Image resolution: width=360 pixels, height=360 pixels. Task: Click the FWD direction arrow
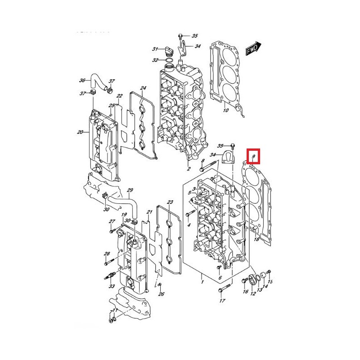(253, 48)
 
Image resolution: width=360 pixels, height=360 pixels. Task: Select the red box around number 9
(254, 156)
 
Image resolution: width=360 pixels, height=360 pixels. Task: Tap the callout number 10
(225, 110)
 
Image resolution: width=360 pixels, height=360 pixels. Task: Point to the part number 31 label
(154, 49)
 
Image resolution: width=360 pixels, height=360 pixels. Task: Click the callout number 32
(155, 60)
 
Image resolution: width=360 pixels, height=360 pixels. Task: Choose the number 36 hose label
(82, 81)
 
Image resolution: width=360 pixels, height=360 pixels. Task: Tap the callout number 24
(143, 88)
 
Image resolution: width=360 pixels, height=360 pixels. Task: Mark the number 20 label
(80, 132)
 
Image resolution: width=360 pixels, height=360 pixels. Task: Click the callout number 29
(130, 190)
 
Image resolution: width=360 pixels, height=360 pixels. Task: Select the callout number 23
(170, 202)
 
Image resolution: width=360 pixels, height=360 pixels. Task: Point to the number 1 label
(202, 282)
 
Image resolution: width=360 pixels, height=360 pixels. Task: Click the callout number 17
(222, 301)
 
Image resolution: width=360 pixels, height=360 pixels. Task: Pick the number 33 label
(111, 286)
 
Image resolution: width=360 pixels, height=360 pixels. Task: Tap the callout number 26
(162, 294)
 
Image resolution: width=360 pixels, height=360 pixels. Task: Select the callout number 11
(115, 311)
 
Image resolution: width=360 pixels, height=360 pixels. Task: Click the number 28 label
(107, 254)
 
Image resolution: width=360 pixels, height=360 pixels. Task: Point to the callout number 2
(189, 170)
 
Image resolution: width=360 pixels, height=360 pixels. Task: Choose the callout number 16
(245, 292)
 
